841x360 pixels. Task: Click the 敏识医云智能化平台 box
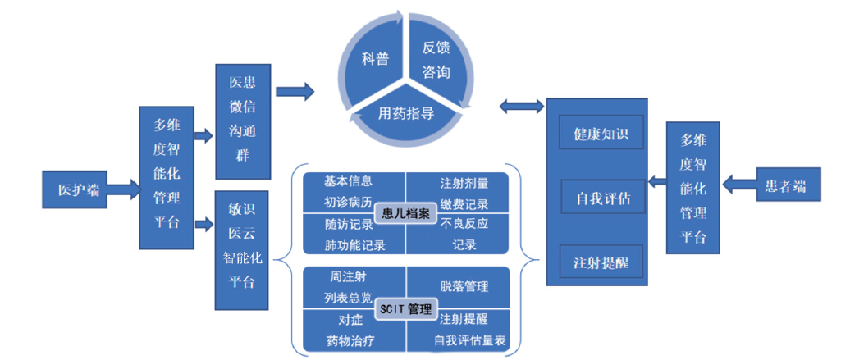pyautogui.click(x=243, y=249)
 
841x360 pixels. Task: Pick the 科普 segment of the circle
pyautogui.click(x=374, y=59)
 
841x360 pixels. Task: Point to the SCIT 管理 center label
pyautogui.click(x=405, y=309)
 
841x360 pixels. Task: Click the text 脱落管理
pyautogui.click(x=464, y=286)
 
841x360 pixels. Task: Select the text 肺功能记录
pyautogui.click(x=354, y=244)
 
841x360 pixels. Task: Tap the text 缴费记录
pyautogui.click(x=464, y=204)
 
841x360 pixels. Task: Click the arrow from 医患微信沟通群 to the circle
pyautogui.click(x=295, y=90)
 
